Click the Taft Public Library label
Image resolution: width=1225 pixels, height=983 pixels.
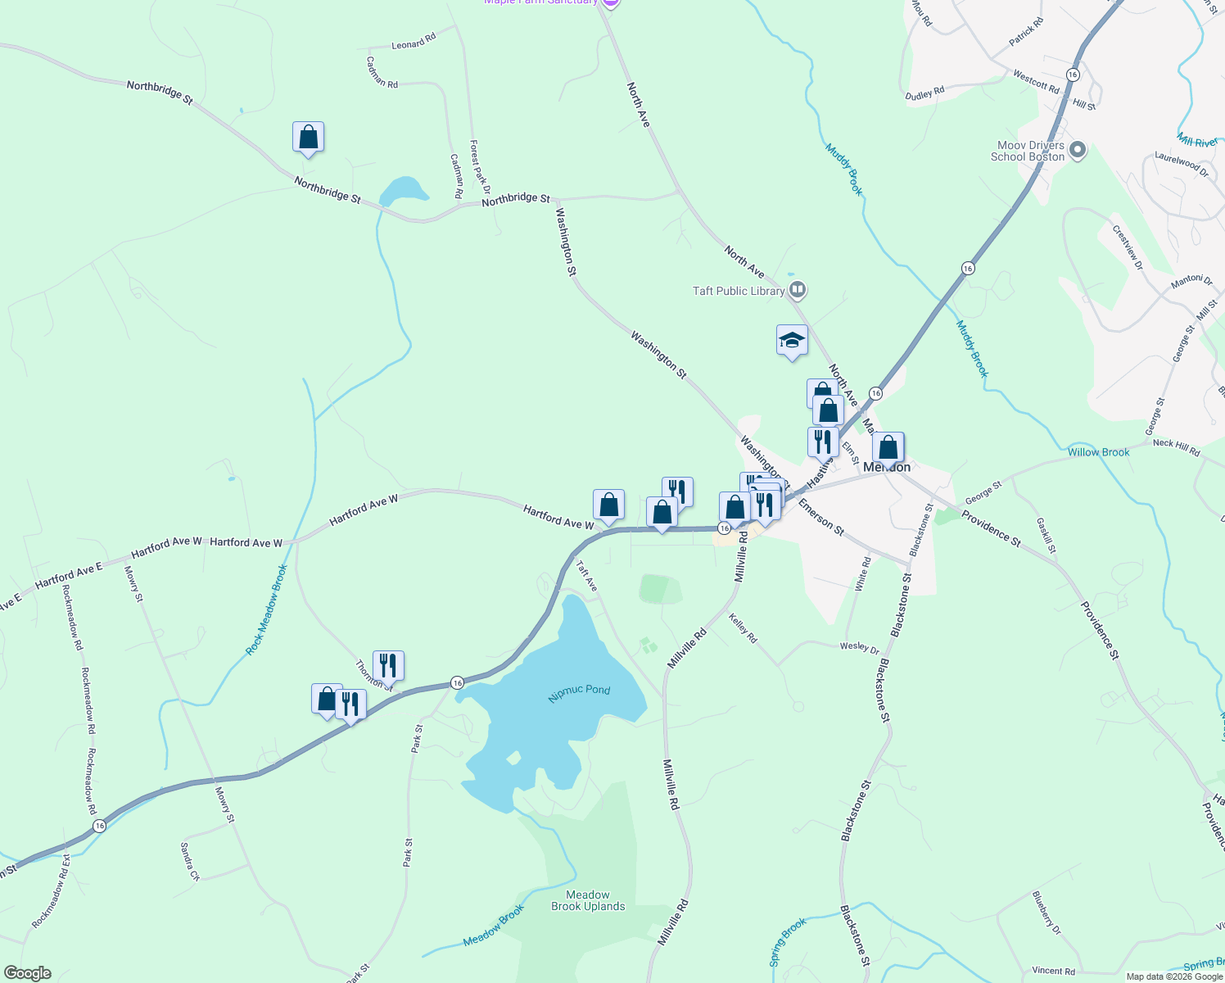(739, 291)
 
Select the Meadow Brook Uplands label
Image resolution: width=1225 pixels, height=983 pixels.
(588, 900)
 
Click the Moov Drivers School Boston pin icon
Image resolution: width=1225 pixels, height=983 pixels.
(1078, 150)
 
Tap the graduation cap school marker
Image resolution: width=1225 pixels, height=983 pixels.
(792, 340)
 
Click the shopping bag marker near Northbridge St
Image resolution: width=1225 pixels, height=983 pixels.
(308, 137)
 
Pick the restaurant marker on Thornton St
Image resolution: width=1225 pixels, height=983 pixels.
(388, 665)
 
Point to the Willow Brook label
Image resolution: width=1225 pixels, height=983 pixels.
(1098, 452)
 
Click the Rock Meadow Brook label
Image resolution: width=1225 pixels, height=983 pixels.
(267, 609)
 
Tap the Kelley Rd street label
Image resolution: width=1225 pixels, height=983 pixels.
(743, 628)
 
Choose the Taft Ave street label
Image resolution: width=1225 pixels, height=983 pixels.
(586, 576)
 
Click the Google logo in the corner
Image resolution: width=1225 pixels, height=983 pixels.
(27, 973)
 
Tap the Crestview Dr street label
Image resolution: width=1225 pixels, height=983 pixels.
(1127, 244)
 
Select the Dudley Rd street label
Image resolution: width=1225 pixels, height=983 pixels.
(924, 94)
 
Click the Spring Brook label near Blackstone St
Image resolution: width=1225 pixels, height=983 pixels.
(788, 941)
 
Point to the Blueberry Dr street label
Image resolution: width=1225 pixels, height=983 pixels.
(1046, 913)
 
